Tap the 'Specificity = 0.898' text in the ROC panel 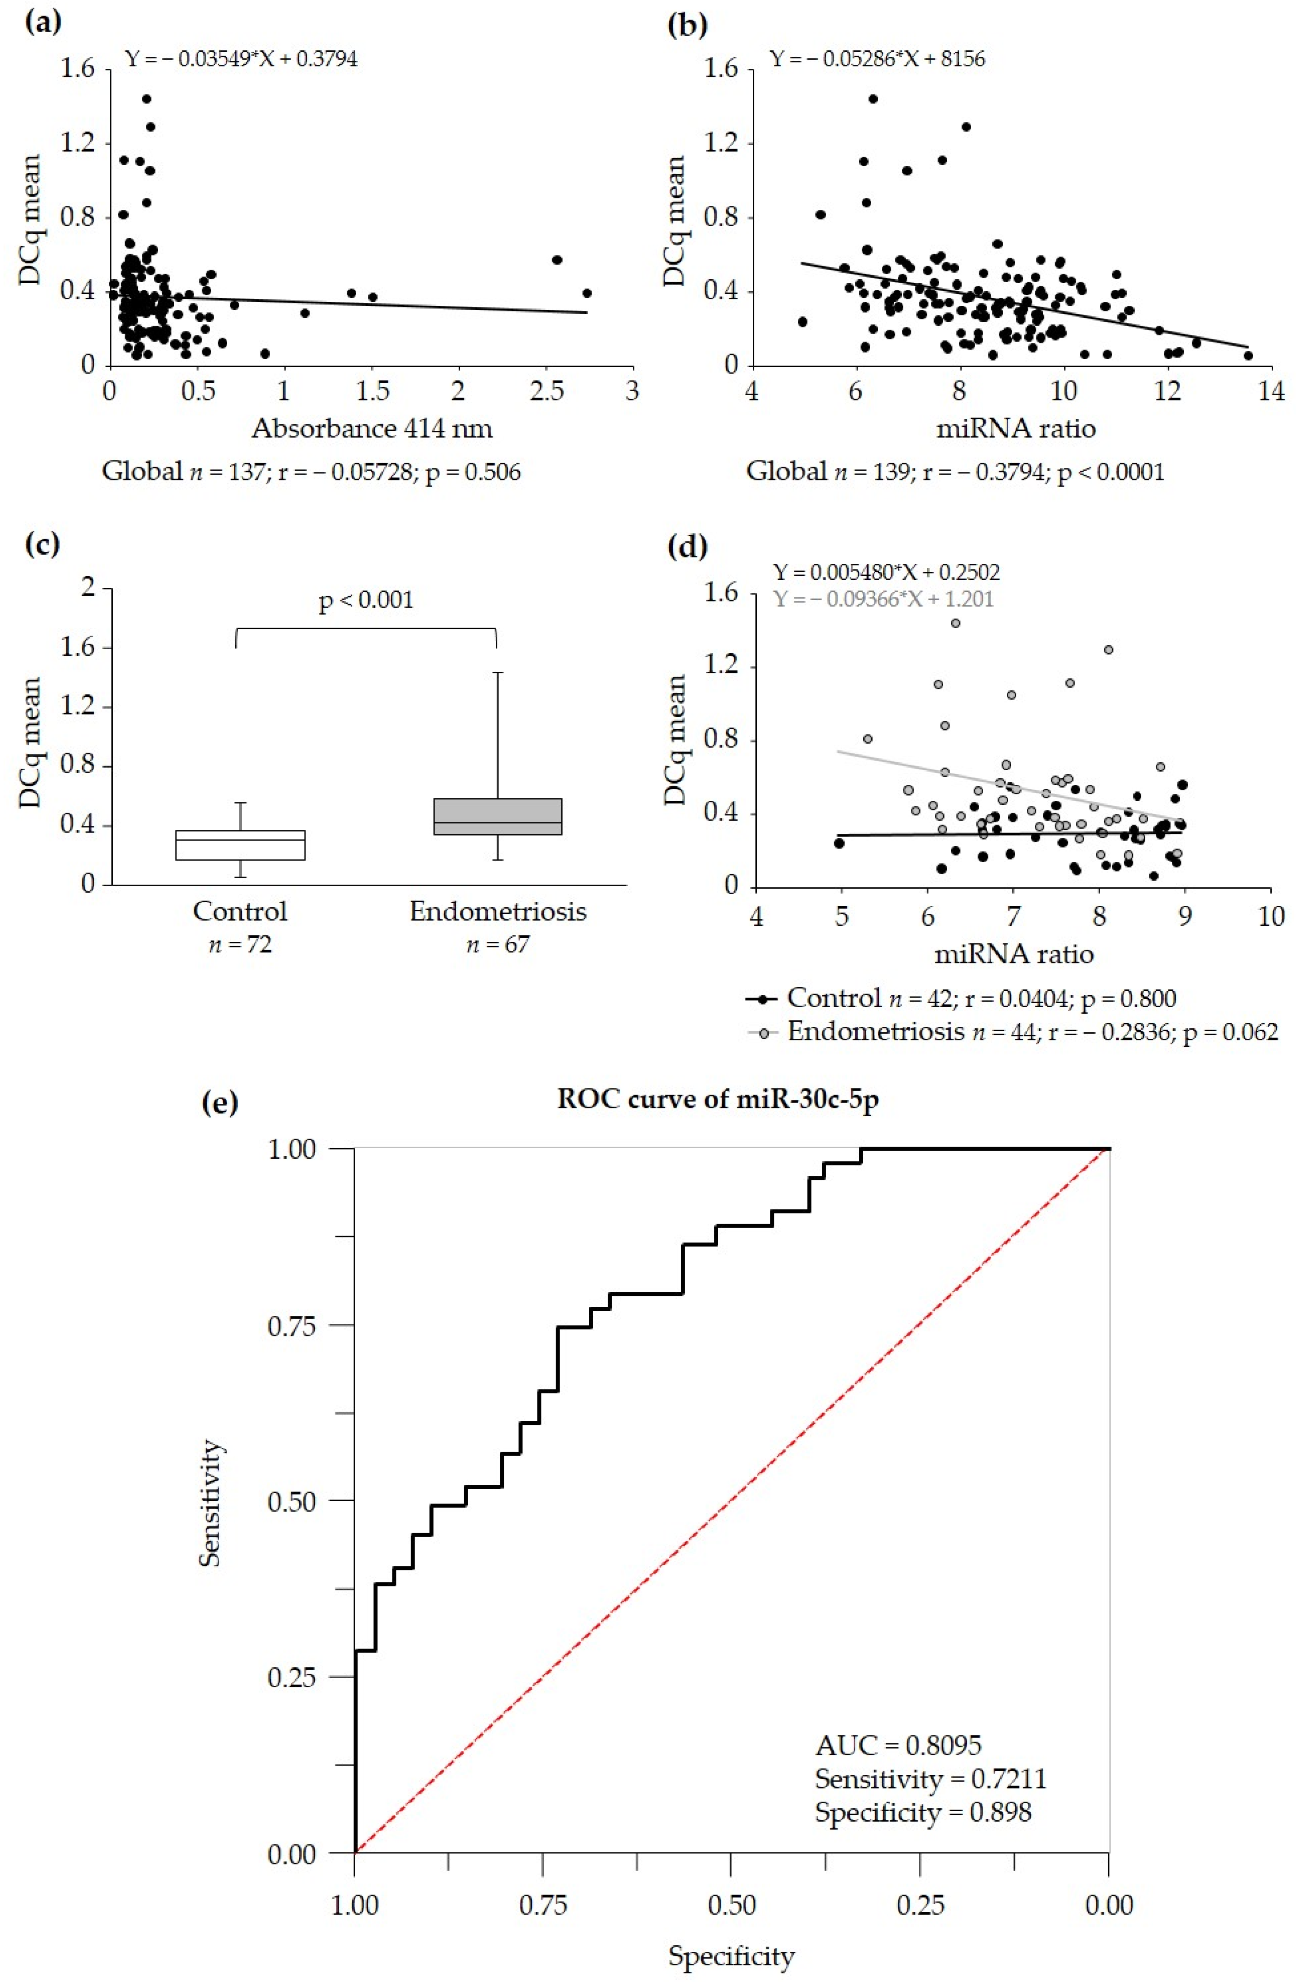coord(923,1812)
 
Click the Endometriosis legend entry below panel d coord(1012,1032)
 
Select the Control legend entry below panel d coord(962,998)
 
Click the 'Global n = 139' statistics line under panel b coord(954,472)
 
